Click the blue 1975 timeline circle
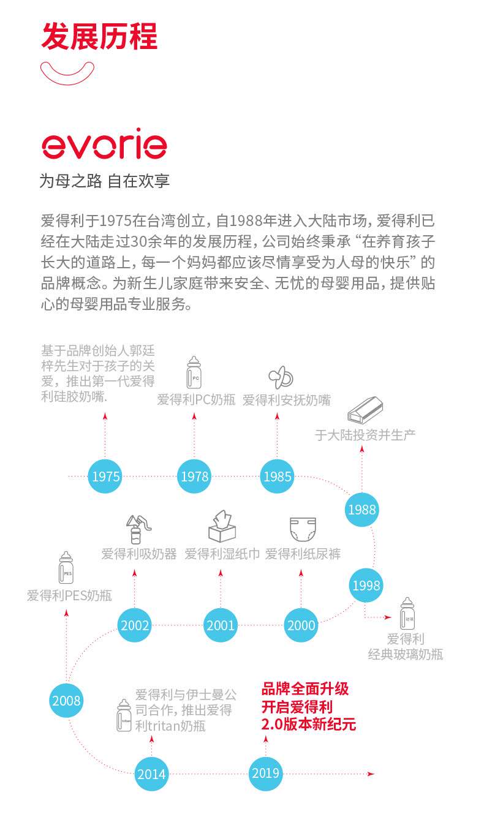(105, 477)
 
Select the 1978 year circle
(194, 477)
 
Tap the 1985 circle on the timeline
(277, 477)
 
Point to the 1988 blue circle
(361, 509)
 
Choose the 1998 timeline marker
(366, 586)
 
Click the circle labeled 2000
(301, 625)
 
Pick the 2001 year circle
(221, 625)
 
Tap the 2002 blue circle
(135, 625)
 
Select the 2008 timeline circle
(67, 700)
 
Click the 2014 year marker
(151, 774)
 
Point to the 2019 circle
(265, 773)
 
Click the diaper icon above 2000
(302, 527)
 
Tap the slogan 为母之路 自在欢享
(105, 181)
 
